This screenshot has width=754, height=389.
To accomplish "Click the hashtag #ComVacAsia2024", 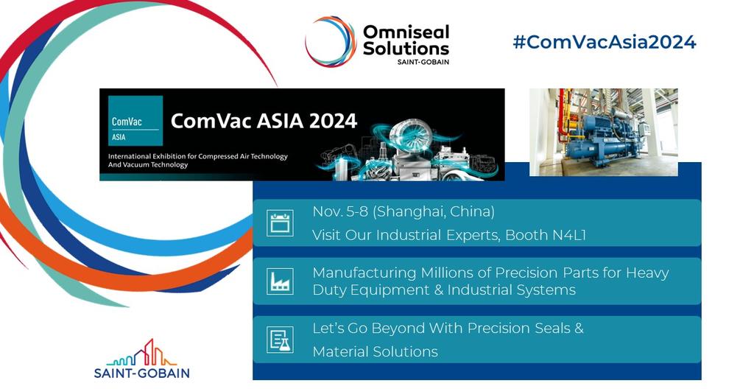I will (604, 42).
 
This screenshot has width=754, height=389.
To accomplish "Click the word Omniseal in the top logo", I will (406, 32).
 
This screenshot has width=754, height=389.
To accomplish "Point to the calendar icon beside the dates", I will (280, 222).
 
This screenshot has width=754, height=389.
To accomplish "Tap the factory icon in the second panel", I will (280, 281).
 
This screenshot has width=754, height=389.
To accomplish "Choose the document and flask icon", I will (280, 339).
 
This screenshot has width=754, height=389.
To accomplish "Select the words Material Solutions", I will (375, 351).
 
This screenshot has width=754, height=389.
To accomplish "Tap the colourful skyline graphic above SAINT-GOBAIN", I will (141, 354).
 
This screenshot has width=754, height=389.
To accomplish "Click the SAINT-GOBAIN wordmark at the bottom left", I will (141, 373).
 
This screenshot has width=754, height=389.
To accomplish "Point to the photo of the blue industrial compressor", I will (603, 132).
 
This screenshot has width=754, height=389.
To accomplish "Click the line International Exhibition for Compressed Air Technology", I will (198, 157).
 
